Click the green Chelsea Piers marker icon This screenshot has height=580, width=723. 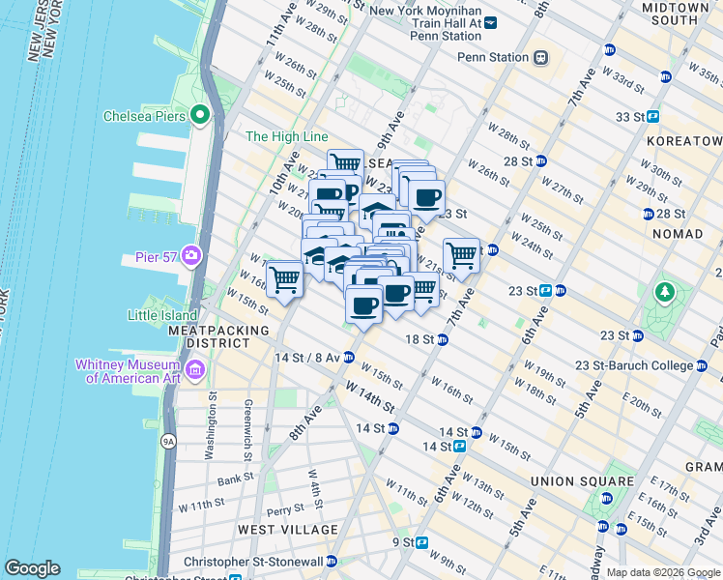[x=201, y=116]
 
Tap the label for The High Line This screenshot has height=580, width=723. [x=286, y=137]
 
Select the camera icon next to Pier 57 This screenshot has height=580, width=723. [x=191, y=256]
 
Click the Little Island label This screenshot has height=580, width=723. [x=163, y=314]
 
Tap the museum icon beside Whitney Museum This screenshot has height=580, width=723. [x=195, y=369]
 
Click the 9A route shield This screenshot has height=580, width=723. [x=169, y=442]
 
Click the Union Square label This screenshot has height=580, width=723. [x=579, y=480]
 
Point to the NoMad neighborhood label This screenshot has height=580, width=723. [x=677, y=234]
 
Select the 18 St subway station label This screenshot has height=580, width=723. [x=419, y=339]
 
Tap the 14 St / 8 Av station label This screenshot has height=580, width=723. [x=306, y=358]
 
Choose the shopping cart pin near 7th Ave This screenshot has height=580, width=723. [x=462, y=256]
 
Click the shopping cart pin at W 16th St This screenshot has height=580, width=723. [x=285, y=279]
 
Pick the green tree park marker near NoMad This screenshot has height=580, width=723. [x=664, y=291]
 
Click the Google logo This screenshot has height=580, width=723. [x=32, y=568]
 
